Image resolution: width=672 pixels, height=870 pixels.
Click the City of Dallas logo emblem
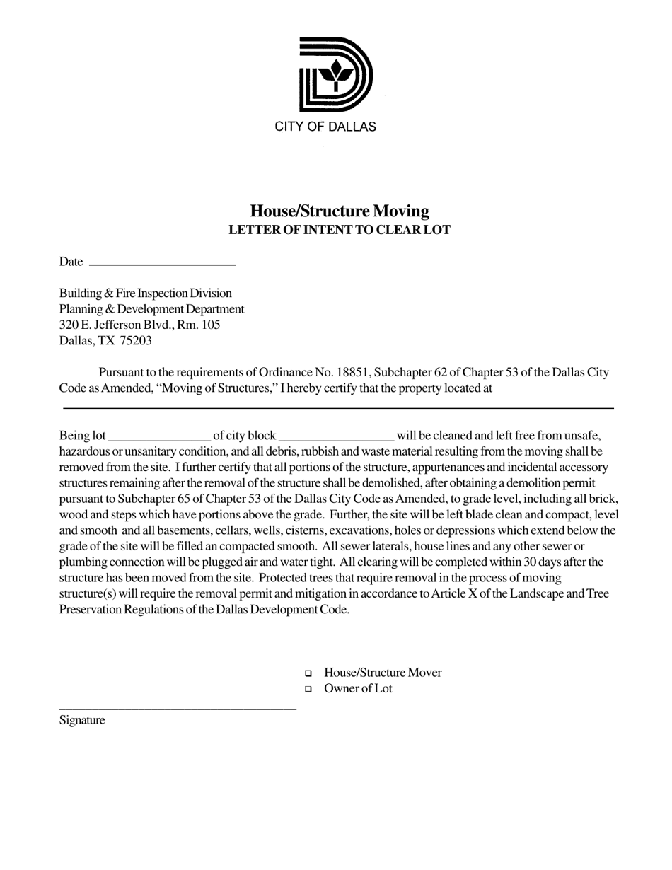(x=335, y=74)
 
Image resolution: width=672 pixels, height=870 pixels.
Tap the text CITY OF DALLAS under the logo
(x=325, y=127)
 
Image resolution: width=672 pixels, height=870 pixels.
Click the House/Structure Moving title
(x=340, y=211)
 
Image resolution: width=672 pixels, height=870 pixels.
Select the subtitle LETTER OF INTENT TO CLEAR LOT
(x=340, y=230)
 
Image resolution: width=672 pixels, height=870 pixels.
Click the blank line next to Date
(x=163, y=264)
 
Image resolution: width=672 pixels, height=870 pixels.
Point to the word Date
(x=71, y=262)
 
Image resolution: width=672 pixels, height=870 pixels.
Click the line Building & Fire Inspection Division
(x=145, y=293)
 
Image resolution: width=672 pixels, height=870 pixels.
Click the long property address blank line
(x=338, y=408)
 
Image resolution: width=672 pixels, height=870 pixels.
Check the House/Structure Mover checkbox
(x=308, y=673)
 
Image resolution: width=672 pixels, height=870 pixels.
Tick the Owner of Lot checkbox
(x=308, y=689)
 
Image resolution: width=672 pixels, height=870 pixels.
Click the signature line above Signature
(x=177, y=708)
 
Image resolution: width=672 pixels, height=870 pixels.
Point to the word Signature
(x=82, y=721)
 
